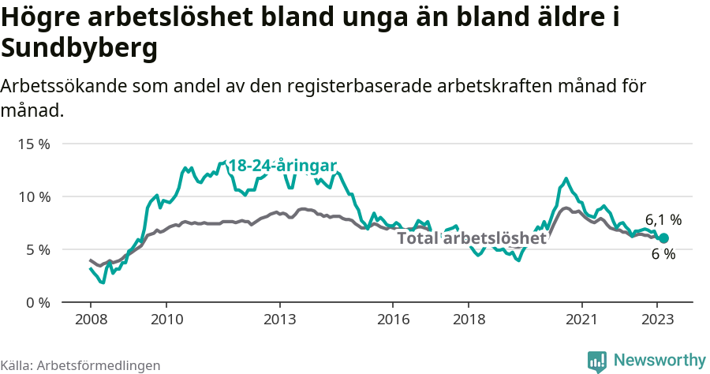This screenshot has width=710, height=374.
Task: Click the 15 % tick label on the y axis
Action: (x=33, y=144)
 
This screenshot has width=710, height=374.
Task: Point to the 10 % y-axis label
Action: (x=33, y=196)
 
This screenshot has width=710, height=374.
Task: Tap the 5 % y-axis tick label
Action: (x=36, y=249)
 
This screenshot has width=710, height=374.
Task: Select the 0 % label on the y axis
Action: (x=36, y=302)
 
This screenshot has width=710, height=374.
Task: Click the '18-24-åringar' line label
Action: (x=282, y=166)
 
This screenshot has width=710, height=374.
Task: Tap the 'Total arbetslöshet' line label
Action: (x=472, y=238)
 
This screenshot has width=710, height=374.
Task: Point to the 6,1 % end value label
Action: (x=663, y=220)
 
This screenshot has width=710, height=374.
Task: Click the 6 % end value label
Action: (x=663, y=254)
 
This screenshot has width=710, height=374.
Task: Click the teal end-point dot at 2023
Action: (x=663, y=238)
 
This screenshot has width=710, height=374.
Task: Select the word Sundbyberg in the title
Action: (x=79, y=49)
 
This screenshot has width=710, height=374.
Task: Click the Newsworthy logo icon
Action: (x=597, y=361)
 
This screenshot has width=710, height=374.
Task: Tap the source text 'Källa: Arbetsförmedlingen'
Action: (x=80, y=365)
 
